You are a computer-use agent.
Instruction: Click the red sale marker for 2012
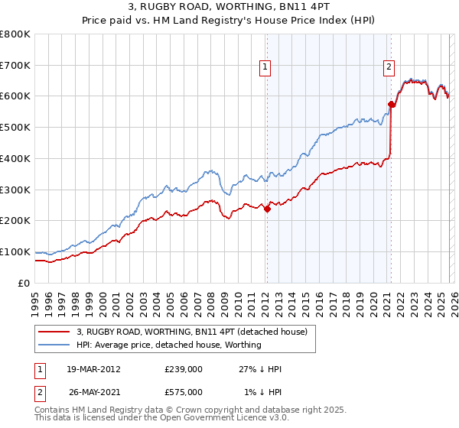pos(267,209)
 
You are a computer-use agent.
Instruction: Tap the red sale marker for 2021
pos(391,104)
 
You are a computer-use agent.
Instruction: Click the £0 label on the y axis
pos(24,283)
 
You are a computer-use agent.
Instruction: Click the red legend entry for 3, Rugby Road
pos(191,332)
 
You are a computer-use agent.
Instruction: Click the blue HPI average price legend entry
pos(168,345)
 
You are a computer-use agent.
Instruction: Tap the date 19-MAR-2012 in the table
pos(93,368)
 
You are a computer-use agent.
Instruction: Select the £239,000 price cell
pos(183,368)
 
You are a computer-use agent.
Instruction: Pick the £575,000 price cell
pos(183,392)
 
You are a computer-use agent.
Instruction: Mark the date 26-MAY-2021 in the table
pos(93,392)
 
